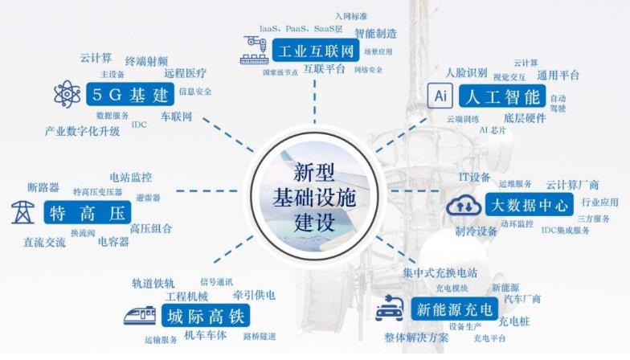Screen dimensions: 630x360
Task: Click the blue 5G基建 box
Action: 130,95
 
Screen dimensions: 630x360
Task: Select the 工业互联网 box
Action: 315,50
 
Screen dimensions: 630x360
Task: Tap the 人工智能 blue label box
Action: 502,96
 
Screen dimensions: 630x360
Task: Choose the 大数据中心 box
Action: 529,204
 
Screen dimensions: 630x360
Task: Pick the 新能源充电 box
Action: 455,309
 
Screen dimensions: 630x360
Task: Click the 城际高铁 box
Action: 206,315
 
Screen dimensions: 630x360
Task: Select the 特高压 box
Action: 87,212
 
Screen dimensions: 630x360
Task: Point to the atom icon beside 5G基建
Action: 67,95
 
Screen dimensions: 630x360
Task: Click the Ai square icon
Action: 440,96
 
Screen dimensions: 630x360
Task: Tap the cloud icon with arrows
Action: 464,205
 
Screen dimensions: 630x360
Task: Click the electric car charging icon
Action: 390,309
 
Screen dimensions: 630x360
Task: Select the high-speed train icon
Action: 140,315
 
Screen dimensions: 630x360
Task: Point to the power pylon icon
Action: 22,212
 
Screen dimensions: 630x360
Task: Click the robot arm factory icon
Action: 255,50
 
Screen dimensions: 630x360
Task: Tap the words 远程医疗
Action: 185,73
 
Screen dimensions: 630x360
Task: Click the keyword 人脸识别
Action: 466,72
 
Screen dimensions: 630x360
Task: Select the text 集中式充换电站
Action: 440,273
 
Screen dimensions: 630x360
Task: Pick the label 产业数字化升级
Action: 82,131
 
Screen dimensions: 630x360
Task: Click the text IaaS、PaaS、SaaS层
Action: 301,29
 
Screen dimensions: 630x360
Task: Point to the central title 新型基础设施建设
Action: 314,197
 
